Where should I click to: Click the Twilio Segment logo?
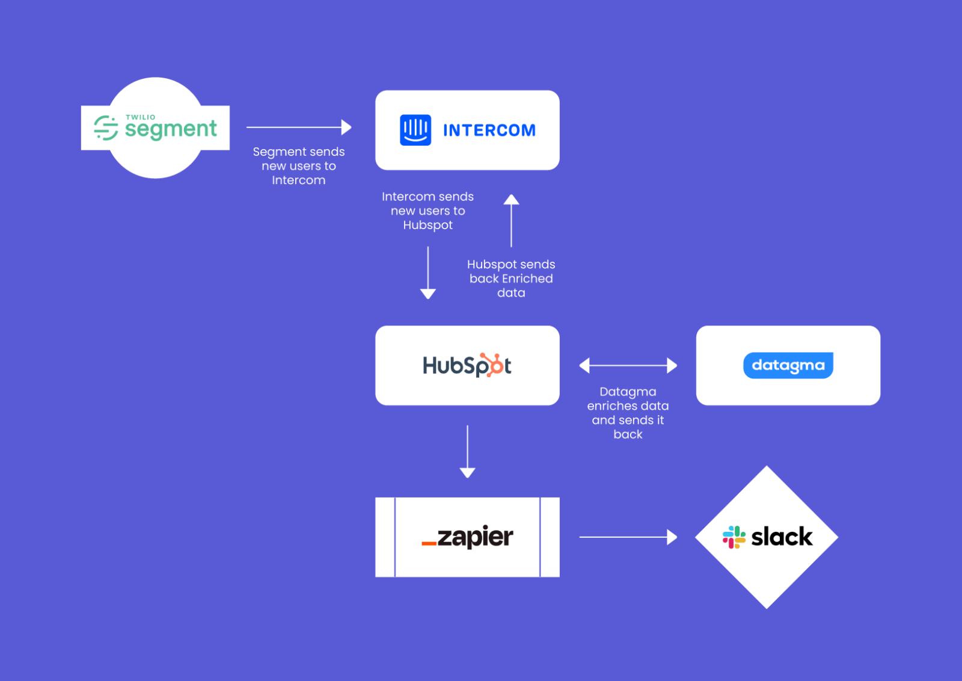pyautogui.click(x=155, y=128)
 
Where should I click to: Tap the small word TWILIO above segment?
pyautogui.click(x=140, y=117)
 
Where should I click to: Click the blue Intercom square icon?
pyautogui.click(x=415, y=130)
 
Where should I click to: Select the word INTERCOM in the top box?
pyautogui.click(x=489, y=131)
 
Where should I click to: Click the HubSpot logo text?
pyautogui.click(x=466, y=365)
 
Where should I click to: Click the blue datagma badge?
pyautogui.click(x=788, y=365)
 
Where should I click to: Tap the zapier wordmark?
pyautogui.click(x=475, y=537)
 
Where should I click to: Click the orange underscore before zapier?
pyautogui.click(x=429, y=544)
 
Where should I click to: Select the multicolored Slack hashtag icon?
pyautogui.click(x=734, y=537)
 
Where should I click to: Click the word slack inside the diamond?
pyautogui.click(x=782, y=537)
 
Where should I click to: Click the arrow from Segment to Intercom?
pyautogui.click(x=299, y=128)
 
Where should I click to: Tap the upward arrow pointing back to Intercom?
pyautogui.click(x=511, y=220)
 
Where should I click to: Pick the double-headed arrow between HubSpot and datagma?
pyautogui.click(x=628, y=365)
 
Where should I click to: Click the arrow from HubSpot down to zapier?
pyautogui.click(x=467, y=451)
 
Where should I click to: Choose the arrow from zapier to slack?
pyautogui.click(x=628, y=537)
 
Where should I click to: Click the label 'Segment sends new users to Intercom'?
pyautogui.click(x=299, y=166)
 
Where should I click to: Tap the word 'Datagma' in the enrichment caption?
pyautogui.click(x=628, y=392)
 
